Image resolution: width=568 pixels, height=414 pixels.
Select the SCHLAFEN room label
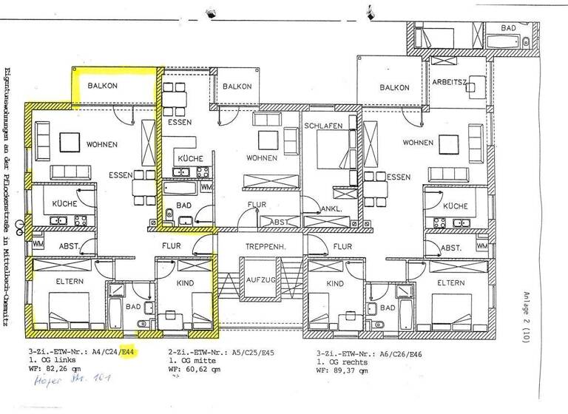323,126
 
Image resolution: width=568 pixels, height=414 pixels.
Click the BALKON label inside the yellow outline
103,86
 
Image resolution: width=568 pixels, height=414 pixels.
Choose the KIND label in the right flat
335,283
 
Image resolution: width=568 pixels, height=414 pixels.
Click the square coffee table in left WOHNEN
71,140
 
